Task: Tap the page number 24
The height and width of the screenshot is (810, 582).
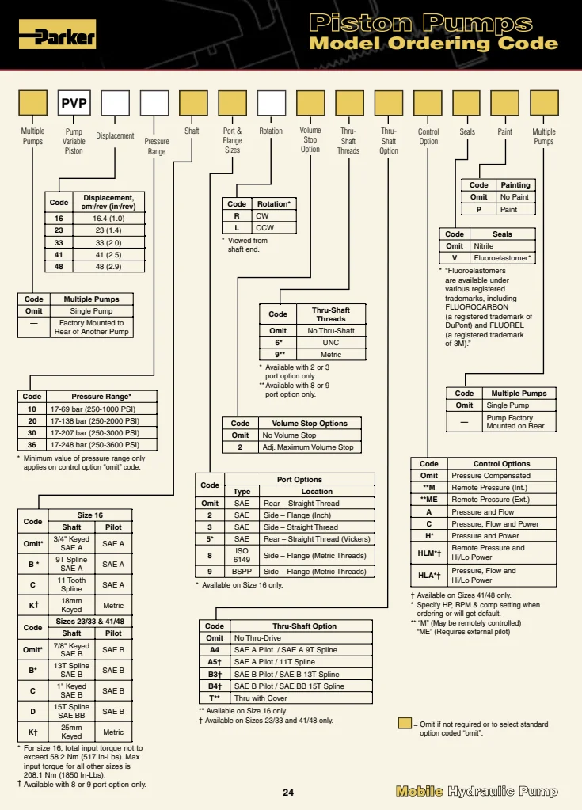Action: [x=288, y=793]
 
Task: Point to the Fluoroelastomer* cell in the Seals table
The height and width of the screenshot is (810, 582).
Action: [x=502, y=258]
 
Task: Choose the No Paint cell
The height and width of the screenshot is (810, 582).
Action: [x=515, y=197]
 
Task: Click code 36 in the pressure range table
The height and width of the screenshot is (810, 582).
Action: [x=32, y=445]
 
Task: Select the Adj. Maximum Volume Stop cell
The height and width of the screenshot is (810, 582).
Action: [x=309, y=447]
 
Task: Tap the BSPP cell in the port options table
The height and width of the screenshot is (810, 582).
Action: [x=242, y=572]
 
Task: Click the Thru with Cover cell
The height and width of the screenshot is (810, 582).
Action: [x=301, y=698]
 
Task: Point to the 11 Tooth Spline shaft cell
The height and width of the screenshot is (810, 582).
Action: [x=71, y=585]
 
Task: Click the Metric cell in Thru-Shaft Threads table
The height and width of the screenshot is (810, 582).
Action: [x=331, y=355]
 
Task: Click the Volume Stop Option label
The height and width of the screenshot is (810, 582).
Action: [x=310, y=139]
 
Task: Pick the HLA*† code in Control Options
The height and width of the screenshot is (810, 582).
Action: [x=429, y=575]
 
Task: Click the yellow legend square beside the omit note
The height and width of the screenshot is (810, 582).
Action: [x=405, y=724]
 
